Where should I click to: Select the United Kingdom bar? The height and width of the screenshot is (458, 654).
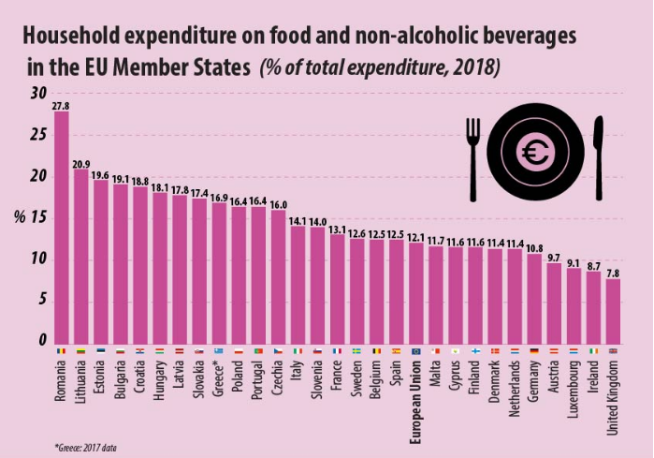(614, 310)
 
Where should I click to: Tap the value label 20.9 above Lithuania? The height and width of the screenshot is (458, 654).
(81, 163)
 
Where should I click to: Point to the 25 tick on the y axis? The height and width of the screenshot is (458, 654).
(36, 135)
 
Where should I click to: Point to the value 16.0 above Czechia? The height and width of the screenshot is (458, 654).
(279, 203)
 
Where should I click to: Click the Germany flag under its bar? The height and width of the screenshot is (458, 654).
(534, 351)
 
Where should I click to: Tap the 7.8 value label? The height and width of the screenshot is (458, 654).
(614, 273)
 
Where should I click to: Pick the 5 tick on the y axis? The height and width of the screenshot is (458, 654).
(40, 300)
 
